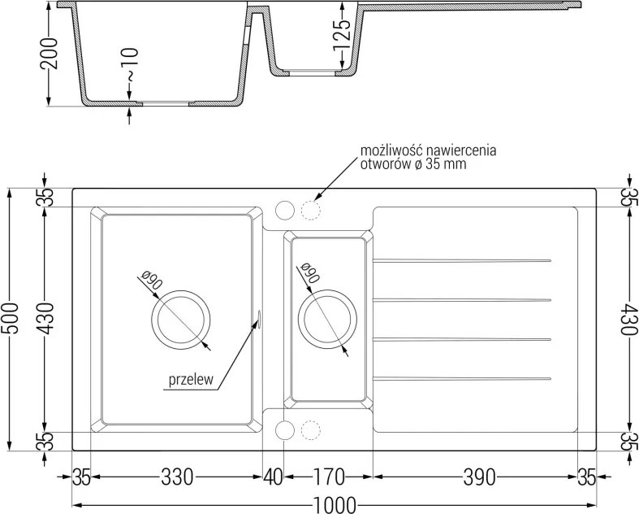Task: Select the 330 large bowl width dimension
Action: click(177, 477)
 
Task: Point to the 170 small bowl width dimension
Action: click(329, 477)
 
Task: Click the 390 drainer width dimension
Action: click(480, 477)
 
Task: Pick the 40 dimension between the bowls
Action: click(273, 477)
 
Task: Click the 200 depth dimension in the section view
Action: click(49, 53)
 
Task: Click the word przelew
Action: click(191, 380)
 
